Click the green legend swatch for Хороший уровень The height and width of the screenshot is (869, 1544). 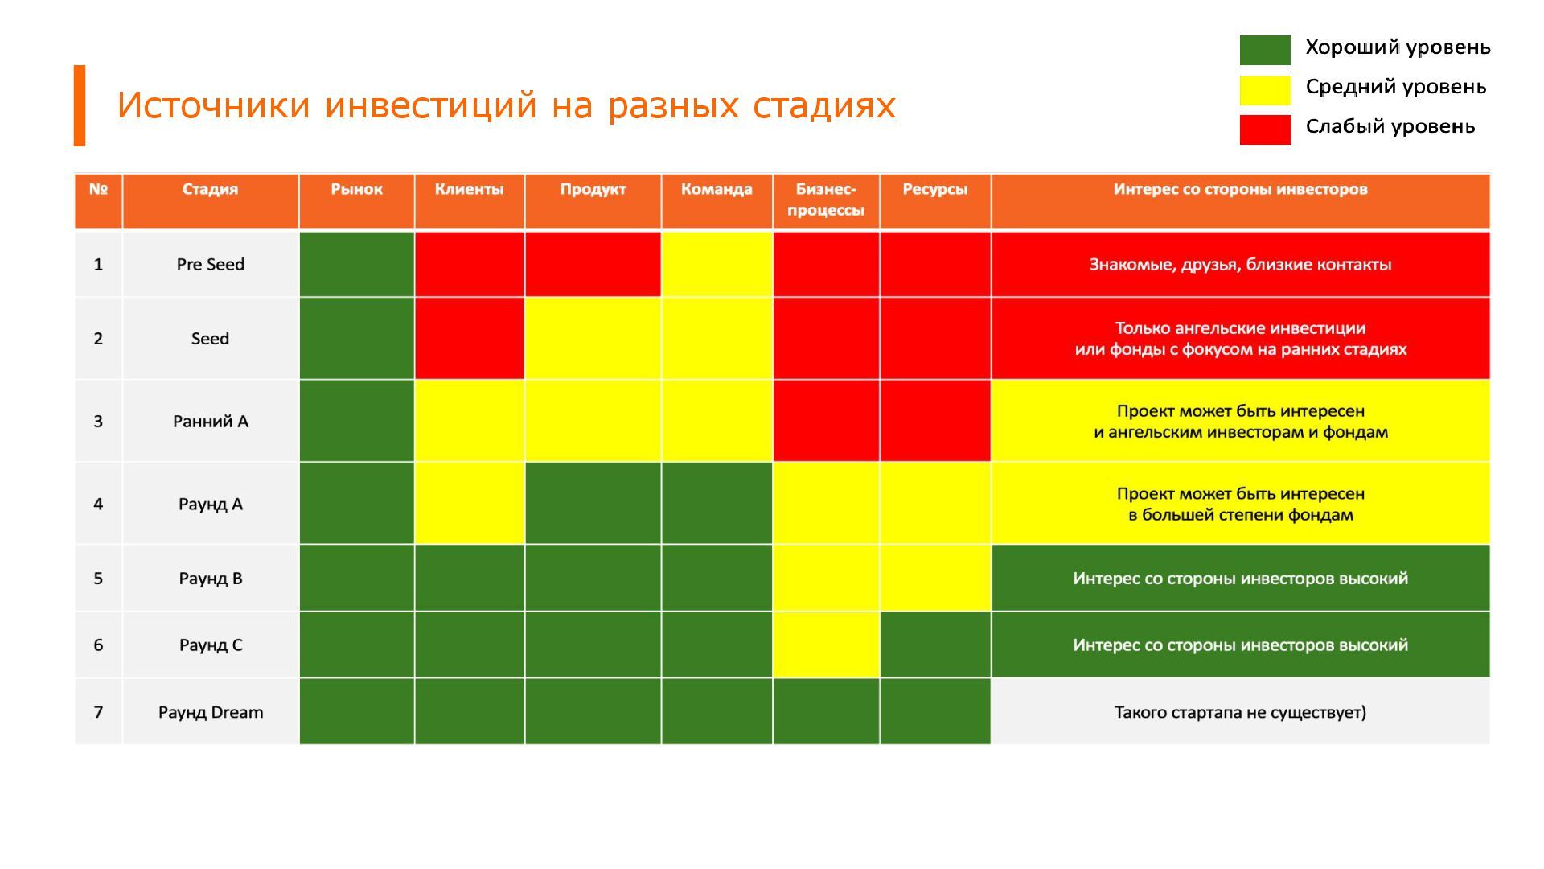(x=1265, y=50)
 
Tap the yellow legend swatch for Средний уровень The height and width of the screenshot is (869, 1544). (x=1265, y=90)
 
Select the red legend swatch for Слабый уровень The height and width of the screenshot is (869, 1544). (x=1265, y=130)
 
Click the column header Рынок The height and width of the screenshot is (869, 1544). (x=356, y=190)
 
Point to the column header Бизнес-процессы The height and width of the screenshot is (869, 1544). (x=826, y=200)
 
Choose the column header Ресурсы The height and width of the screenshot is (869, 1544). (x=934, y=190)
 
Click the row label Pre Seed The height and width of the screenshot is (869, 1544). (x=210, y=265)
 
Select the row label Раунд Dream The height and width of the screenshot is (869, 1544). (x=210, y=712)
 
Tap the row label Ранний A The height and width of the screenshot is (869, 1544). (x=210, y=422)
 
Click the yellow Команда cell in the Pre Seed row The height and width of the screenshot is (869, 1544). (x=717, y=265)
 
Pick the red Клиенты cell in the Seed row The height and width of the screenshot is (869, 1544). (x=469, y=339)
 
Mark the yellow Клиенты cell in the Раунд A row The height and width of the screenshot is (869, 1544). (x=469, y=504)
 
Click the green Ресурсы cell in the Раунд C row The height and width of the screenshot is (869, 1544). (x=934, y=645)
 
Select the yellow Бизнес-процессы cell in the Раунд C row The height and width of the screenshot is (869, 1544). (x=826, y=645)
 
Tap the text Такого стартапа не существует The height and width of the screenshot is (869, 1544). (x=1239, y=712)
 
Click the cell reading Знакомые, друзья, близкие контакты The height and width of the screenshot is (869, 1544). (x=1239, y=265)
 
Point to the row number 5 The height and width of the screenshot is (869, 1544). (x=98, y=579)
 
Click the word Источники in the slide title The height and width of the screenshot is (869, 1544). (x=213, y=105)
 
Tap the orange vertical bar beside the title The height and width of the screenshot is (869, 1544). (x=80, y=105)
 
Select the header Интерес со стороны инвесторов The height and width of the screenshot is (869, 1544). (x=1239, y=190)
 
